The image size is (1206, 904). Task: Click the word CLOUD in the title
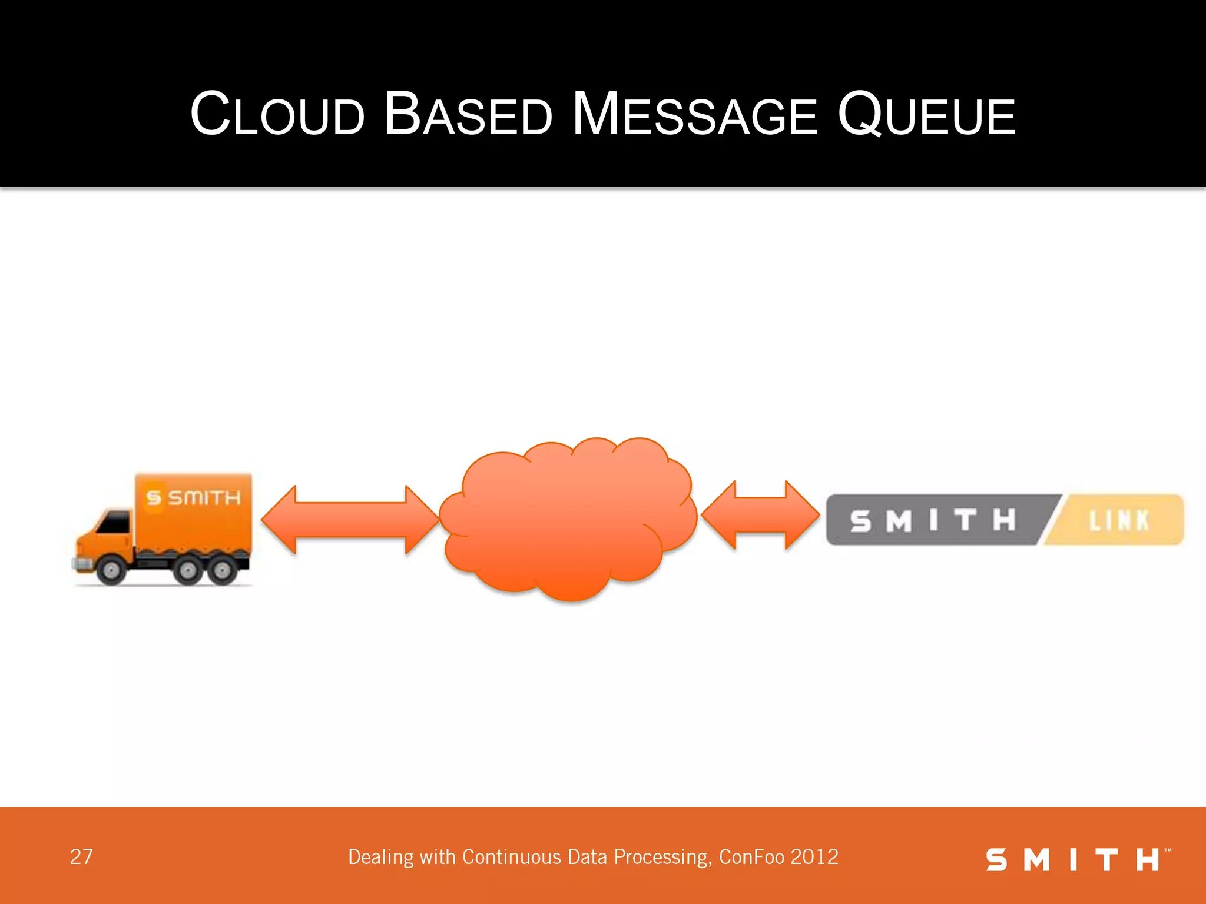tap(277, 114)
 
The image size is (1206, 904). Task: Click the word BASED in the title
tap(468, 114)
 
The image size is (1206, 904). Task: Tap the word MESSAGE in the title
tap(695, 114)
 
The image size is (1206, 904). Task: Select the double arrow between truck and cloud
tap(350, 520)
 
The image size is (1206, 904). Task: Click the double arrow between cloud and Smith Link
tap(760, 515)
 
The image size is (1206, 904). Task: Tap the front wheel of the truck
tap(111, 569)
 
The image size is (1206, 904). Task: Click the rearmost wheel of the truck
tap(223, 570)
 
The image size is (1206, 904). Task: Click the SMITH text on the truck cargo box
tap(204, 498)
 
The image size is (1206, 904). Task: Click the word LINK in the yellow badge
tap(1118, 521)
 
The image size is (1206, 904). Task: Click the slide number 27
tap(81, 857)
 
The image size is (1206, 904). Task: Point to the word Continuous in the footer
tap(511, 857)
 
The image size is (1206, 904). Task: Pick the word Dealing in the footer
tap(380, 858)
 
